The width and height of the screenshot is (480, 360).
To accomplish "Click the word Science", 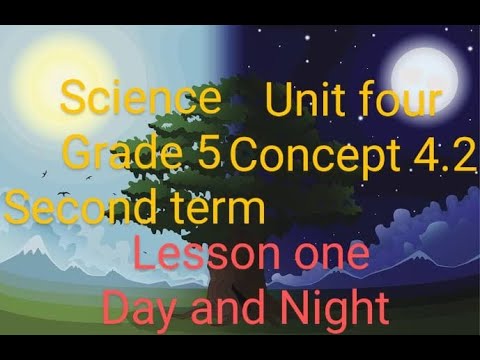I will (140, 100).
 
